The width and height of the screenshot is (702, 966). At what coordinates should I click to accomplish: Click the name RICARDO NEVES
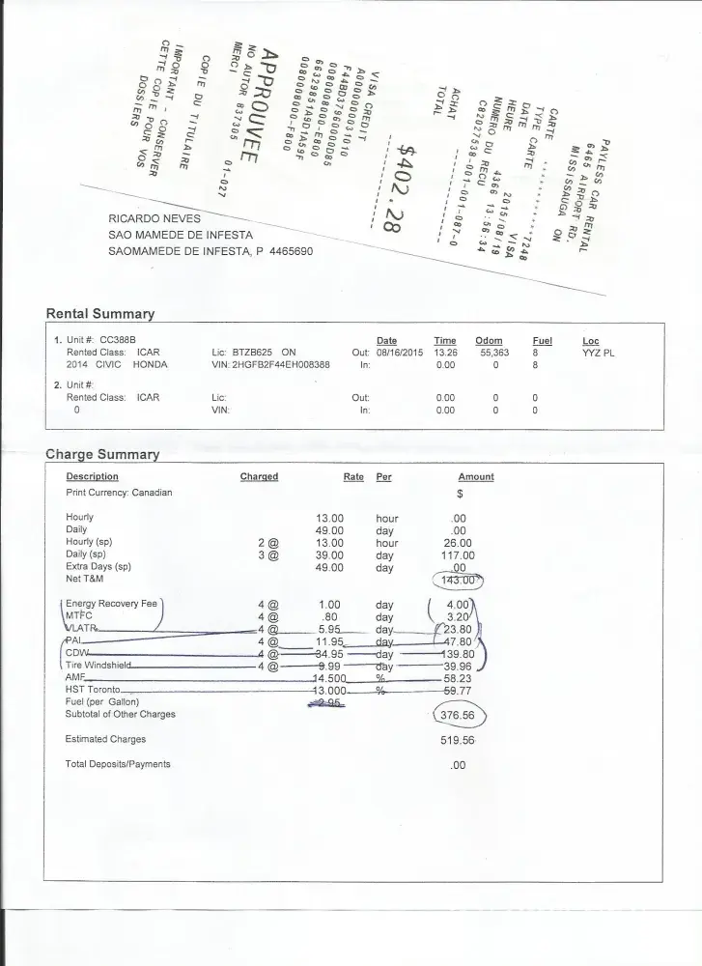pyautogui.click(x=154, y=218)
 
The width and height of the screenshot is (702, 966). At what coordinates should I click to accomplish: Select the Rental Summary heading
pyautogui.click(x=100, y=314)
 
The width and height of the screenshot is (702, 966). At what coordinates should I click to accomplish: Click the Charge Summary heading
pyautogui.click(x=102, y=454)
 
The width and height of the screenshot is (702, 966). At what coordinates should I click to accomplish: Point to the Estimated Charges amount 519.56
pyautogui.click(x=457, y=740)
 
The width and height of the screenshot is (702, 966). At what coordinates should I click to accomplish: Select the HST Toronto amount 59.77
pyautogui.click(x=459, y=691)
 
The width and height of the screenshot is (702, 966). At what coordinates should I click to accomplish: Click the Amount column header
pyautogui.click(x=475, y=477)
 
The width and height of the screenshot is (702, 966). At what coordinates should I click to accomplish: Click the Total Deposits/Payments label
pyautogui.click(x=117, y=764)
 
